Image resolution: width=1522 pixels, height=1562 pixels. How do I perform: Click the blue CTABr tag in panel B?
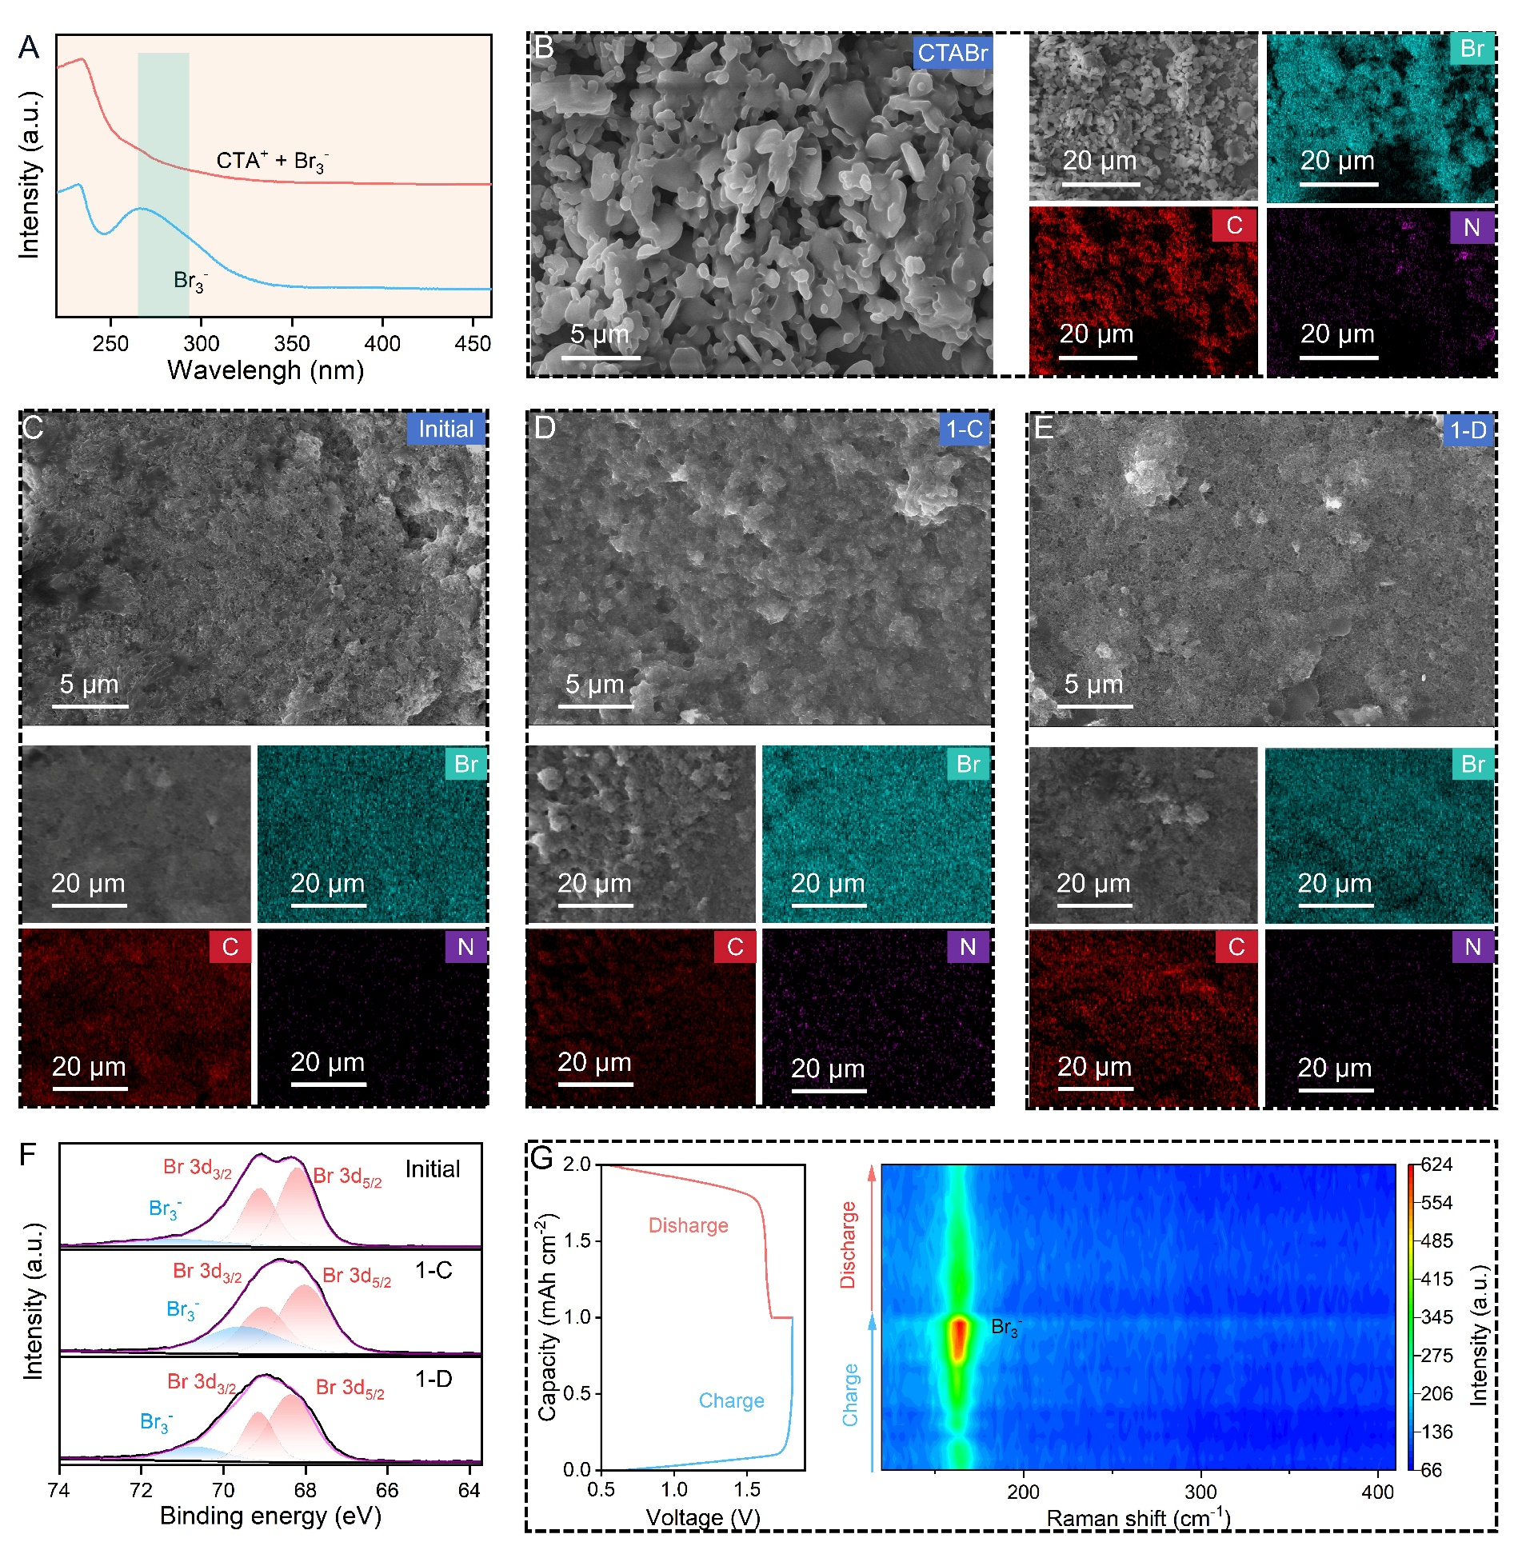point(952,53)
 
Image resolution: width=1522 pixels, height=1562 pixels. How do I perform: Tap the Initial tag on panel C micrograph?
point(445,429)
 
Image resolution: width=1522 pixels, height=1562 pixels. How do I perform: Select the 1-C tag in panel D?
point(965,429)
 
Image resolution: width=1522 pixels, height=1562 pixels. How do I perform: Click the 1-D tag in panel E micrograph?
point(1468,430)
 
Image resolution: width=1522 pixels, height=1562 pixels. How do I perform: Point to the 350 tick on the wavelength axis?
point(292,344)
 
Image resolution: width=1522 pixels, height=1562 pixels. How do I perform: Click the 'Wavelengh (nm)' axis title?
point(266,370)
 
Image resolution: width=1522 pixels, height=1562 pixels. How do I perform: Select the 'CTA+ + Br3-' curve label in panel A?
point(272,162)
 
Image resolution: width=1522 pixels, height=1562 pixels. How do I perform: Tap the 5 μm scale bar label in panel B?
point(599,334)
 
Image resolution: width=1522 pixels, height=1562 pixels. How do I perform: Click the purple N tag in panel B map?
point(1472,228)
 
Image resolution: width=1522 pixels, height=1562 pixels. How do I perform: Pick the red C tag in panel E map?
point(1236,947)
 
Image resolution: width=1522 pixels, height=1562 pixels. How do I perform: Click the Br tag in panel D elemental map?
point(968,764)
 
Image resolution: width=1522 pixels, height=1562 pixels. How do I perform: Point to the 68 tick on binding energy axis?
point(306,1490)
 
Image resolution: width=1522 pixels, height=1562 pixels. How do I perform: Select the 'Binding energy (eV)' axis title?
point(270,1516)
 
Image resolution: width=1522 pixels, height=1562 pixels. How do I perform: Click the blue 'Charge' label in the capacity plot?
point(731,1400)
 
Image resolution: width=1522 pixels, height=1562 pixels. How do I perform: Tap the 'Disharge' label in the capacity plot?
point(688,1225)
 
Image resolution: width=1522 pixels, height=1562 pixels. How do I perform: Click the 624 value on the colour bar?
point(1436,1165)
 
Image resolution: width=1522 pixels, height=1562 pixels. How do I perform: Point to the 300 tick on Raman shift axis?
point(1200,1492)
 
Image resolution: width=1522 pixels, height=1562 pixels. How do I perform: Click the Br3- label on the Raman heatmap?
point(1005,1328)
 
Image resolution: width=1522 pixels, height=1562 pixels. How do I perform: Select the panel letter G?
point(542,1158)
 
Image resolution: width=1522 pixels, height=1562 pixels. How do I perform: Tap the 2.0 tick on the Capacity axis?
point(576,1165)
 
